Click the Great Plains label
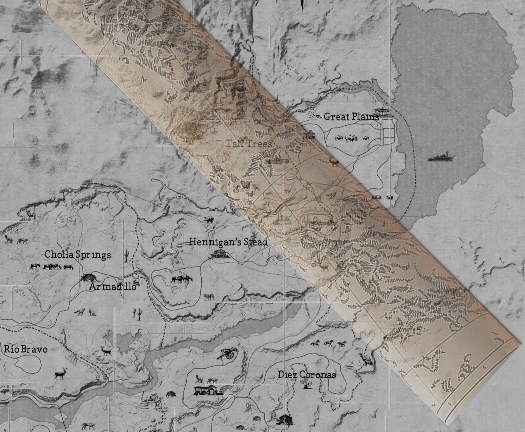tap(351, 117)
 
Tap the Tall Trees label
tap(249, 144)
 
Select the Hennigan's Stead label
tap(228, 242)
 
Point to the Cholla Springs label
tap(77, 255)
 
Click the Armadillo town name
tap(113, 287)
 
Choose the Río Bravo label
tap(26, 349)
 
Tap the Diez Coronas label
tap(307, 375)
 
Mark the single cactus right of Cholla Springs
tap(126, 256)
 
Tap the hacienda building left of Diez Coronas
tap(208, 390)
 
